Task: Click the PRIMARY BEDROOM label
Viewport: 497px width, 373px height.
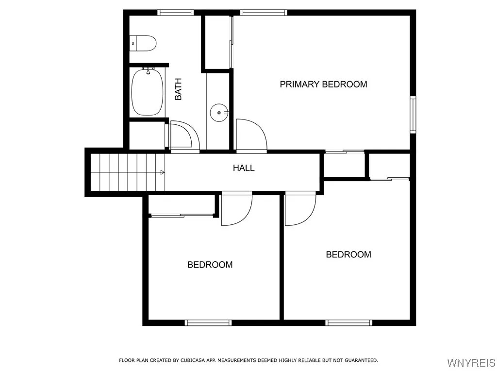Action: [323, 85]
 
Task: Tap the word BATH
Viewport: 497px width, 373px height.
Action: [178, 89]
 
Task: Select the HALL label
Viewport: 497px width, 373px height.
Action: [244, 169]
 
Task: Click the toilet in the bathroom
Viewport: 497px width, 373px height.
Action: [143, 43]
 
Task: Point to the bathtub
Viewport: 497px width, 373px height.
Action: [147, 92]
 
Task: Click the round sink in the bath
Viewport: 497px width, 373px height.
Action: [219, 113]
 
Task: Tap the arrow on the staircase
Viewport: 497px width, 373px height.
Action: [162, 172]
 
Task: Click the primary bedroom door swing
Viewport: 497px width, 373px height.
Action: [250, 136]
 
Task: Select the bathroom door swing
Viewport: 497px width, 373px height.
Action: [183, 136]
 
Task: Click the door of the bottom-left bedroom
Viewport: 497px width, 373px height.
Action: [236, 209]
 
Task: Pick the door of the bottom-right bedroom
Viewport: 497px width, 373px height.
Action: [300, 209]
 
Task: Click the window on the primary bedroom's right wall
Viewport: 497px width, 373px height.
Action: [413, 115]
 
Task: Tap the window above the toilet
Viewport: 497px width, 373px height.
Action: [173, 13]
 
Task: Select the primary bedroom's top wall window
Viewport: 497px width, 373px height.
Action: [264, 13]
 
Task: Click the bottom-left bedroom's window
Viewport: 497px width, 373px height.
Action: [208, 322]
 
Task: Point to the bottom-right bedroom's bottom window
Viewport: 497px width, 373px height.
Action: [349, 322]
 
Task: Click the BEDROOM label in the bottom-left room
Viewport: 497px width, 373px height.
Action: [210, 265]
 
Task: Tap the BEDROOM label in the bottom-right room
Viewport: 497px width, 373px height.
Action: [348, 254]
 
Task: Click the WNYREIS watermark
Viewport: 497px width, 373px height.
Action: [471, 363]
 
